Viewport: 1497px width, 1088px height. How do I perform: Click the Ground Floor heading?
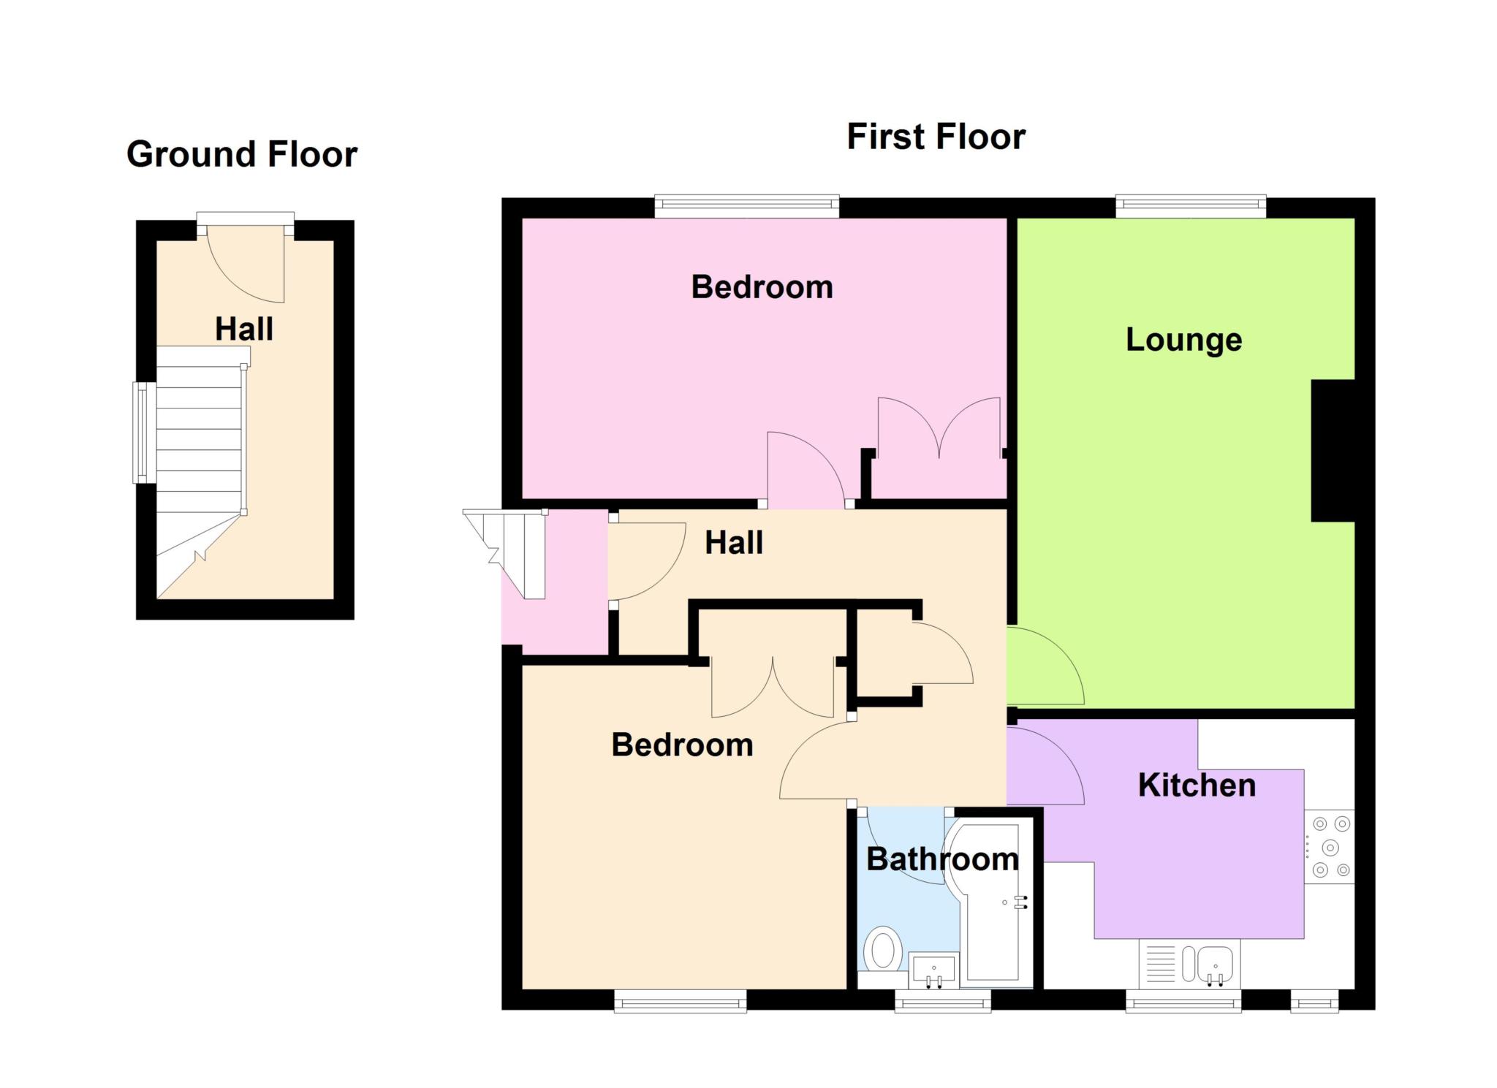point(242,154)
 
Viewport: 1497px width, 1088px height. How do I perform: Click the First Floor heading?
point(936,137)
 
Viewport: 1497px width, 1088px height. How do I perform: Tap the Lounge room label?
point(1183,340)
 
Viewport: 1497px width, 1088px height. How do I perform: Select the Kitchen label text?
point(1197,785)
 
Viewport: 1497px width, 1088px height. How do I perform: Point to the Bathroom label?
point(942,859)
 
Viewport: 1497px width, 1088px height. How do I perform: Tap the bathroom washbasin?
point(933,970)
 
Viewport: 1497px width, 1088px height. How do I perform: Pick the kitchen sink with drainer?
point(1189,964)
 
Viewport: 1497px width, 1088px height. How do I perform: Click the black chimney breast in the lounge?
point(1333,451)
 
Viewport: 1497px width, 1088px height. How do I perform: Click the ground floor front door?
point(246,264)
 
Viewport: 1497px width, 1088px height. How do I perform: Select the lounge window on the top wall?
point(1191,206)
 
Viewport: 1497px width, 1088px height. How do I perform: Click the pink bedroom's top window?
point(746,206)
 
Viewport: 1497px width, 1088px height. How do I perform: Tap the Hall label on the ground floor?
point(244,330)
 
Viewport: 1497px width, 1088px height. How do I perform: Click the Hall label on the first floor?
point(734,543)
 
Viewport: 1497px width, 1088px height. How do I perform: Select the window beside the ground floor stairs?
point(144,433)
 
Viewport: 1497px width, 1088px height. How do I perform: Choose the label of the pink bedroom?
point(762,287)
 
